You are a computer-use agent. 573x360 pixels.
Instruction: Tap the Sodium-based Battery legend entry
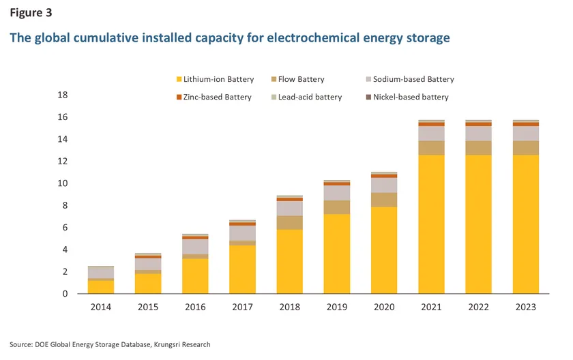[409, 80]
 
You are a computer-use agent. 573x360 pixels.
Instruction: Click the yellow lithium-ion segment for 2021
[431, 225]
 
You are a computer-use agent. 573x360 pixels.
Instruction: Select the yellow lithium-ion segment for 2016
[195, 276]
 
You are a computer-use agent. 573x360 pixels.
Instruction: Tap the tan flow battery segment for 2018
[289, 222]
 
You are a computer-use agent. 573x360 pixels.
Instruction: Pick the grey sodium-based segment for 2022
[478, 134]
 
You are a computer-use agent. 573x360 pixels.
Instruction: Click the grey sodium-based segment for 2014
[101, 273]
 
